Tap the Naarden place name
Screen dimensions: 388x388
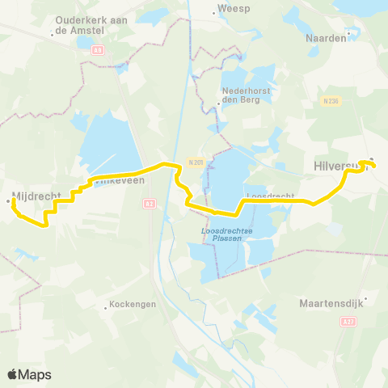point(326,37)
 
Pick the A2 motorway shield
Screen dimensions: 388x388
point(149,204)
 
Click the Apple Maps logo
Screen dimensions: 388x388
point(29,374)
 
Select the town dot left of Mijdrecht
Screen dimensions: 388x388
point(8,200)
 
